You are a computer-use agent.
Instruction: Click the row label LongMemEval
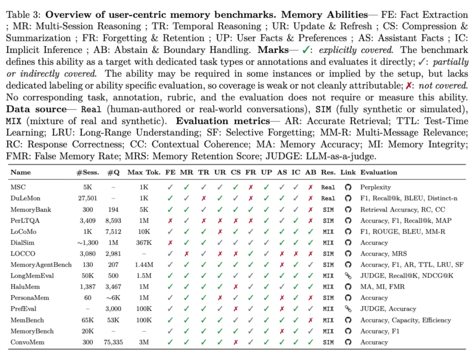coord(30,276)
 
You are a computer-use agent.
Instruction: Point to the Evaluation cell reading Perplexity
coord(375,187)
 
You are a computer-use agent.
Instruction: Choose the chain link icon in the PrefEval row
coord(348,309)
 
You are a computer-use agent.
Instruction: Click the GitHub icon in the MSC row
coord(348,187)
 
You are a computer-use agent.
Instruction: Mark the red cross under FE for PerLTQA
coord(170,220)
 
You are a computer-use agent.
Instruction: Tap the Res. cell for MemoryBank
coord(328,209)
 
